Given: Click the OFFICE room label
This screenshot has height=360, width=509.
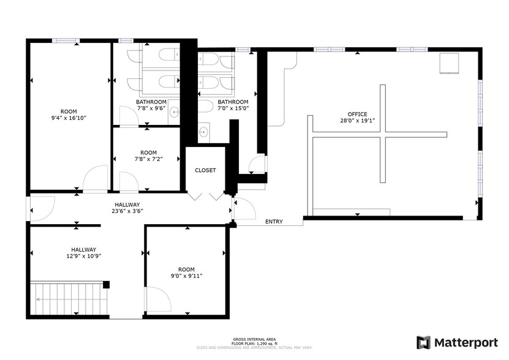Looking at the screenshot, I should point(357,114).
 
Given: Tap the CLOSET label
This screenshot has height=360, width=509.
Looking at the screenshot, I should point(205,170).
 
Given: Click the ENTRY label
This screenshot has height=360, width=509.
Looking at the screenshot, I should point(274,222).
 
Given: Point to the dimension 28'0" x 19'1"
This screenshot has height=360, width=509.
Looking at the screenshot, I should point(357,121).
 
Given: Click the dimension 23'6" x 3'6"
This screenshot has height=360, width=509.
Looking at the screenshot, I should point(127,211).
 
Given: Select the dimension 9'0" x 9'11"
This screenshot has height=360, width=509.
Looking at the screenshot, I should point(186,276).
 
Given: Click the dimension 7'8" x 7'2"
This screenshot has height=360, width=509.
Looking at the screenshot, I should point(148,159).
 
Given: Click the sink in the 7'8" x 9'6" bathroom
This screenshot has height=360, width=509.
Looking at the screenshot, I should point(174,112).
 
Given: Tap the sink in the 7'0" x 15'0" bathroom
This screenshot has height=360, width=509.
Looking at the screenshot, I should point(203,131).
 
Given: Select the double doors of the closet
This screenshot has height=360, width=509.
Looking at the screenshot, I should point(206,195).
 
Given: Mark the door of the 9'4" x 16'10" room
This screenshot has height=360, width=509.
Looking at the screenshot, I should point(95,180).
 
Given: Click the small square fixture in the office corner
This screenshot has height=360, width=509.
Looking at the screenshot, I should point(450,63).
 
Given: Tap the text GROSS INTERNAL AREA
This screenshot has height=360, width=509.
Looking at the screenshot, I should point(254,339).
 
